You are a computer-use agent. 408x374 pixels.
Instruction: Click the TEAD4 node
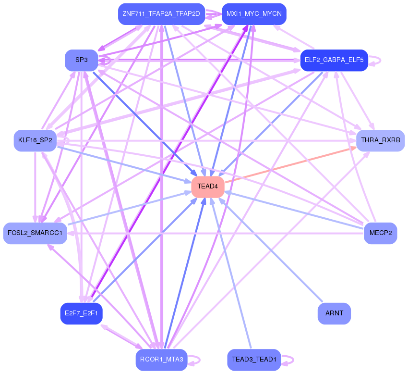point(208,187)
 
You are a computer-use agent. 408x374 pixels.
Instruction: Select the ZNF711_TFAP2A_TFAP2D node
point(161,14)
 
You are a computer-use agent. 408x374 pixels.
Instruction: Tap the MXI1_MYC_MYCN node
point(254,14)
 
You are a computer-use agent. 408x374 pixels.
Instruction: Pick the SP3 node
point(82,61)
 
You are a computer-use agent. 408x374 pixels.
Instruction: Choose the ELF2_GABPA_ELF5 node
point(334,61)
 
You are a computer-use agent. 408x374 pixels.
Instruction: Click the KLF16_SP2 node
point(35,140)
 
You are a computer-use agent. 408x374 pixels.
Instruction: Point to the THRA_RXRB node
point(380,140)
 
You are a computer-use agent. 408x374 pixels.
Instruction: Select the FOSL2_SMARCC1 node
point(35,233)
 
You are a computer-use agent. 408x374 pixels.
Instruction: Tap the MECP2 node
point(380,233)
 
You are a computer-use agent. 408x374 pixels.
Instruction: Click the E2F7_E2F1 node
point(82,313)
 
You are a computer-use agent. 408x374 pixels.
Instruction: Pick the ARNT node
point(334,313)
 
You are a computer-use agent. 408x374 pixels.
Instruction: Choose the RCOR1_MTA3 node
point(161,360)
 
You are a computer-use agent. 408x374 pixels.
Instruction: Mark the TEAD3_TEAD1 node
point(254,360)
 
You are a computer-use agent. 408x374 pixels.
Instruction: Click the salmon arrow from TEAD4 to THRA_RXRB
point(288,164)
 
